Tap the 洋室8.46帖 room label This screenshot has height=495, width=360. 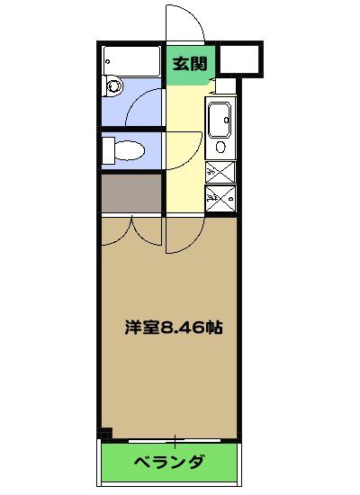tap(174, 328)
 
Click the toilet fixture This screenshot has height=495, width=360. tap(122, 148)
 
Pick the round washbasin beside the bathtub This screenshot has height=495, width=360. tap(113, 87)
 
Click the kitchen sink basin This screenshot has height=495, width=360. tap(220, 119)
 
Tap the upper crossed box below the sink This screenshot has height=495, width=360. tap(220, 172)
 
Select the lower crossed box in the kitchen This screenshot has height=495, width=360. tap(220, 197)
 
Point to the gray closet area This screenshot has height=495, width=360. tap(130, 193)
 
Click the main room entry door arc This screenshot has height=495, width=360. tap(182, 236)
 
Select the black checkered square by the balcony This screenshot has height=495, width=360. tap(106, 434)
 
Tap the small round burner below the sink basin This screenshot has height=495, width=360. tap(220, 147)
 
